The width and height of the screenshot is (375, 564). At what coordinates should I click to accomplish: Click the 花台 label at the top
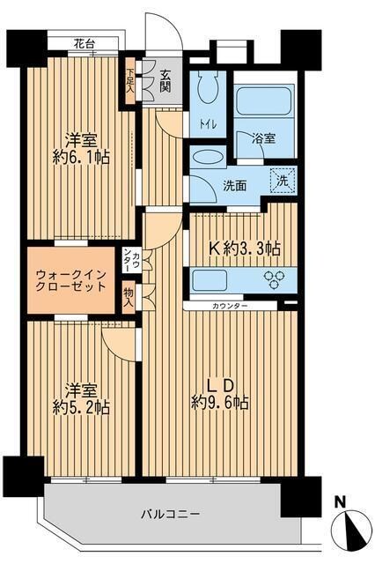click(x=85, y=42)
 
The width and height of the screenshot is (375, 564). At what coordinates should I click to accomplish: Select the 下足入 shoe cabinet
click(x=130, y=82)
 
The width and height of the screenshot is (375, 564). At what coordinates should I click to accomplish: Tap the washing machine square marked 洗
click(x=283, y=179)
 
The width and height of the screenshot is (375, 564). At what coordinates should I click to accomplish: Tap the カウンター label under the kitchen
click(x=230, y=306)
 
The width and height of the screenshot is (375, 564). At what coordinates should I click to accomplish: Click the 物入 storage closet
click(x=129, y=297)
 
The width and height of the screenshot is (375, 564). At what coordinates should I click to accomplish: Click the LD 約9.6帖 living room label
click(x=220, y=394)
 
